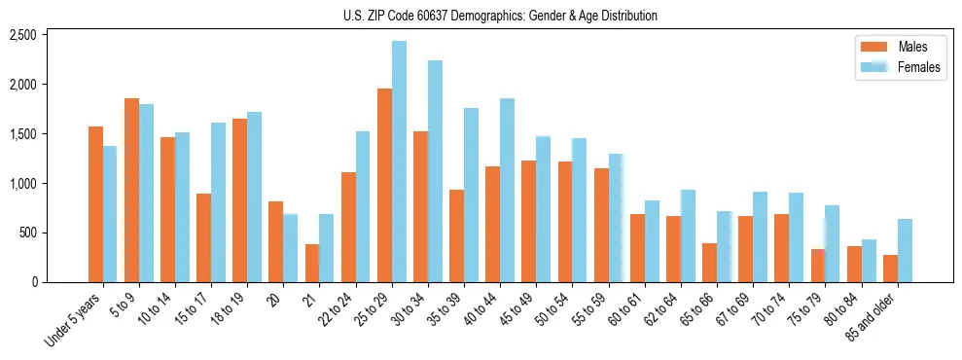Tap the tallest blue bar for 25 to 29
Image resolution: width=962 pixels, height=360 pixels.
click(x=399, y=162)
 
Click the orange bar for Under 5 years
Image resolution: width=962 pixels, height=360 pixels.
click(x=95, y=204)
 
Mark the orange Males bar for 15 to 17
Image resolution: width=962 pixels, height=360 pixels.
click(x=203, y=237)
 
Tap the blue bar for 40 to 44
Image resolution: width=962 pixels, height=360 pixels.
click(x=507, y=190)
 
